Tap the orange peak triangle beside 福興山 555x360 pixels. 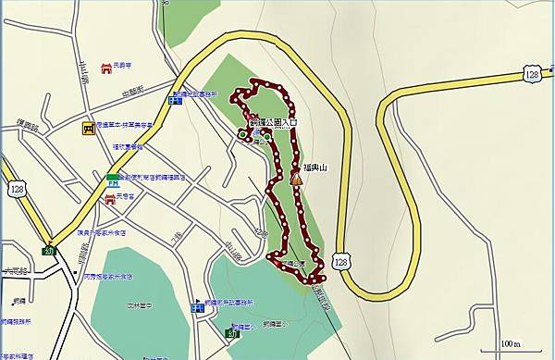click(x=296, y=178)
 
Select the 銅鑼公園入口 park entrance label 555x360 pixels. click(x=275, y=121)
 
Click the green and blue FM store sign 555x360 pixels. click(x=110, y=177)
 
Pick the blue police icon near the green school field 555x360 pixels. click(x=197, y=306)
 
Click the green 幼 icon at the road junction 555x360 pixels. click(x=50, y=249)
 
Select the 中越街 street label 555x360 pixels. click(x=132, y=91)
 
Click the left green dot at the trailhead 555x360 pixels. click(x=242, y=135)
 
